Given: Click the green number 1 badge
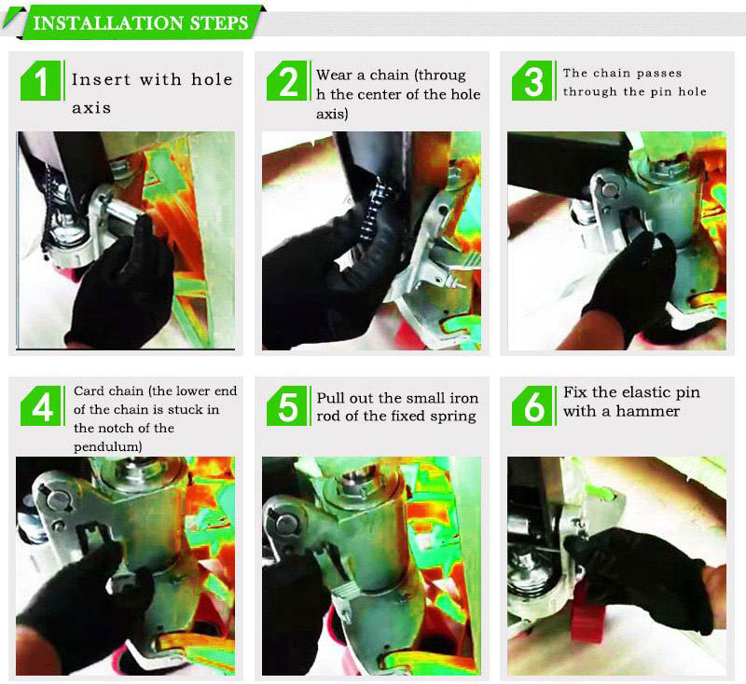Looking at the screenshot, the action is click(41, 80).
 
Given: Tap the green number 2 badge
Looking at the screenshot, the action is click(287, 80).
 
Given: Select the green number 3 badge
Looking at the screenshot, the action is click(532, 80).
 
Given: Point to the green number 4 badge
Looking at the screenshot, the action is click(41, 406).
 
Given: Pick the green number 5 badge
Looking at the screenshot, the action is click(287, 406).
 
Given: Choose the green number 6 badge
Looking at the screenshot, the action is click(532, 406).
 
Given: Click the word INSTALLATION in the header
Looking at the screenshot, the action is click(108, 22).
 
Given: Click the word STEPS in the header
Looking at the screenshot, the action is click(219, 22).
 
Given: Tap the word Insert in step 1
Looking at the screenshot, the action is click(101, 79).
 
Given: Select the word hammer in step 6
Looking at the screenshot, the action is click(647, 411).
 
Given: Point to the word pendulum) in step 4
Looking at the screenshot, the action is click(108, 446).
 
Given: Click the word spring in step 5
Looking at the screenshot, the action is click(453, 417).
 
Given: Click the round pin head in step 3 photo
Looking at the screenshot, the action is click(607, 190).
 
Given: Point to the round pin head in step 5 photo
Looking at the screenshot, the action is click(284, 524).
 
